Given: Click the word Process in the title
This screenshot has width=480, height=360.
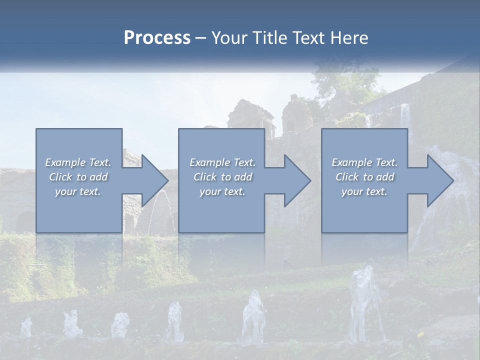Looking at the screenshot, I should [x=157, y=38].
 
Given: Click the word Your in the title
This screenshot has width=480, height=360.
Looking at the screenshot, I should [x=229, y=38].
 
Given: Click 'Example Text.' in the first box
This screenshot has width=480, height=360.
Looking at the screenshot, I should [x=78, y=162].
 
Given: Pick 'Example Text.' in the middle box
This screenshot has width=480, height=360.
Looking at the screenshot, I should [x=222, y=162].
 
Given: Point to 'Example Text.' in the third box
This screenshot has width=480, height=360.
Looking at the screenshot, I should [x=364, y=162].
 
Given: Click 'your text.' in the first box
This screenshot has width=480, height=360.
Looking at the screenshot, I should [x=78, y=191].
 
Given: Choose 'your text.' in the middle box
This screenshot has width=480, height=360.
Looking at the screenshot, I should [x=222, y=191].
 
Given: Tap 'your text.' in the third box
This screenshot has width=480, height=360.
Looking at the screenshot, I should [x=364, y=191].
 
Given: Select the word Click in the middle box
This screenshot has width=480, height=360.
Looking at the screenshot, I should [x=204, y=177].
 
